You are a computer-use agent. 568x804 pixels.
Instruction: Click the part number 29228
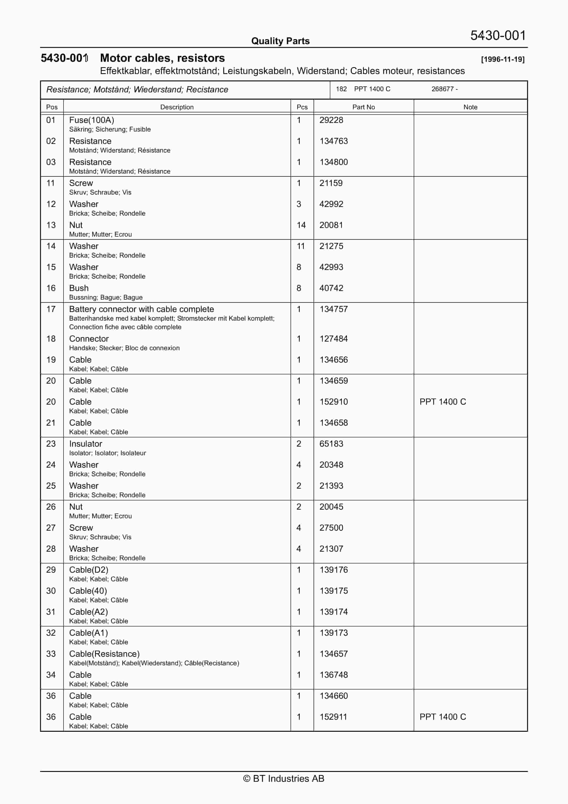click(x=331, y=120)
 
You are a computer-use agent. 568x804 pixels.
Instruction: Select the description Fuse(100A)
click(x=91, y=120)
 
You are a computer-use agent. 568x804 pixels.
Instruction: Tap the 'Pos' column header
click(x=52, y=107)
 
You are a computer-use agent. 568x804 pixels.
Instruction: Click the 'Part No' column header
click(x=363, y=107)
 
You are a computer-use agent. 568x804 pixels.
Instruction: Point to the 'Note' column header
click(x=470, y=107)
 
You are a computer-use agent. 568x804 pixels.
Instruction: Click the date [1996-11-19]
click(x=503, y=59)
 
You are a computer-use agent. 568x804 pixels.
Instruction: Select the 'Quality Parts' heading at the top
click(x=280, y=41)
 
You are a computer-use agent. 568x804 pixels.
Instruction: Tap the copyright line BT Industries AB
click(x=284, y=778)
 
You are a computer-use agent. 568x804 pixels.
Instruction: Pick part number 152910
click(x=333, y=402)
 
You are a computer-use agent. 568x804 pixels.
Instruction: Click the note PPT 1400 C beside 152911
click(x=443, y=717)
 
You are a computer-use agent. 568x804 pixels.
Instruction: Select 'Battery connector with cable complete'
click(x=142, y=309)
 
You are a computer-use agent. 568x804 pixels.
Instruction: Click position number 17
click(x=51, y=309)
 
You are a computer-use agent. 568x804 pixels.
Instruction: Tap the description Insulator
click(x=85, y=444)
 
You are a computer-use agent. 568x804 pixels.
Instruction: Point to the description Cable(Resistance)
click(x=104, y=654)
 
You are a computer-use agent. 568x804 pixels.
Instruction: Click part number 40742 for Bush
click(x=331, y=288)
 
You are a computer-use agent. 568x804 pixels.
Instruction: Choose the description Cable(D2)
click(x=89, y=570)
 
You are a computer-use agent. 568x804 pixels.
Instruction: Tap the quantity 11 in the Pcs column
click(x=301, y=246)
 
